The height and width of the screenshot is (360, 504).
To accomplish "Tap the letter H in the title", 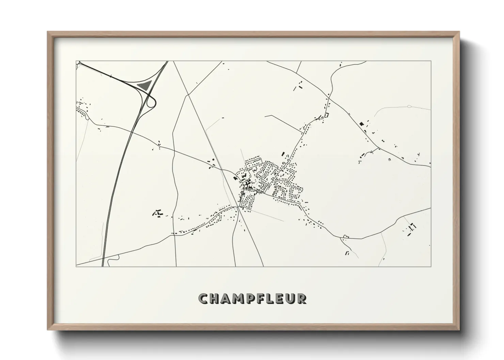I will click(x=215, y=298).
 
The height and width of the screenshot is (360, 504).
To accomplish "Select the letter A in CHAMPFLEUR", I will click(x=227, y=298).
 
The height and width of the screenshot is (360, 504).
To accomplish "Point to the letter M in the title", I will click(x=239, y=298).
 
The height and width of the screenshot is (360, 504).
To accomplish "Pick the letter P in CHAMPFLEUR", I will click(x=251, y=298).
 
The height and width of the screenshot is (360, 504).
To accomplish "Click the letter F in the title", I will click(x=262, y=298).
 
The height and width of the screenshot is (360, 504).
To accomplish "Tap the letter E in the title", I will click(x=281, y=298).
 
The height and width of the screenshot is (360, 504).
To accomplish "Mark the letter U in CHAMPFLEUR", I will click(x=291, y=298).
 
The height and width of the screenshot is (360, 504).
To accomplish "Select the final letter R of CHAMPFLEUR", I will click(x=302, y=298).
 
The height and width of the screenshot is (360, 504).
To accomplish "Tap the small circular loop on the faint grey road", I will click(x=409, y=107).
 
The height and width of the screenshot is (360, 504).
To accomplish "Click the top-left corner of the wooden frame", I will click(x=48, y=32).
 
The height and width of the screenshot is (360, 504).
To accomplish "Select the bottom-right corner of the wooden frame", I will click(x=458, y=329).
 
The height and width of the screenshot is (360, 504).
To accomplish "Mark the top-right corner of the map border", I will click(x=431, y=61).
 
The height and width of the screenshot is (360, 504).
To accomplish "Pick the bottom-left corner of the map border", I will click(x=76, y=266).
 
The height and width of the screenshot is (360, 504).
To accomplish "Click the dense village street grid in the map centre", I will click(x=269, y=180).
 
